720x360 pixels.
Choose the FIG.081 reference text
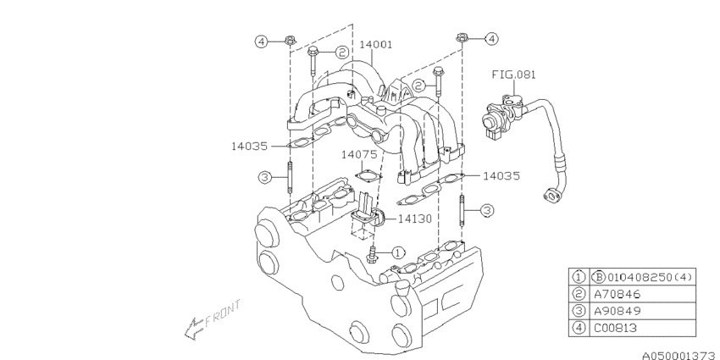[514, 75]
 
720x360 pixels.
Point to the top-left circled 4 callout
[263, 40]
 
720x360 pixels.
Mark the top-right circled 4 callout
[491, 38]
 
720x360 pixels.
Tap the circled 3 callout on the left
[264, 177]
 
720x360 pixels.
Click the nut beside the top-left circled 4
[290, 40]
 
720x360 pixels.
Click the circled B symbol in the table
[596, 275]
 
